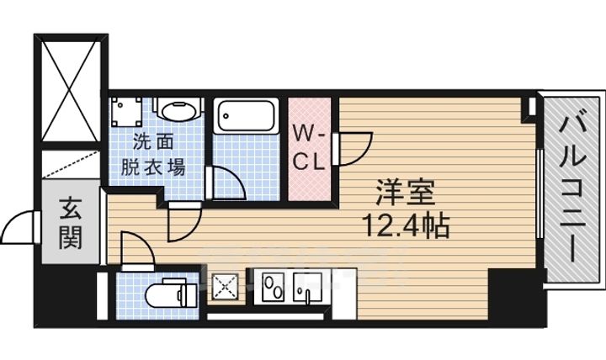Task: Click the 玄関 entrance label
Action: [70, 223]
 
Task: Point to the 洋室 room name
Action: [405, 194]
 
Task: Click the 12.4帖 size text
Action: [405, 225]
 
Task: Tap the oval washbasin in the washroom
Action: [178, 113]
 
